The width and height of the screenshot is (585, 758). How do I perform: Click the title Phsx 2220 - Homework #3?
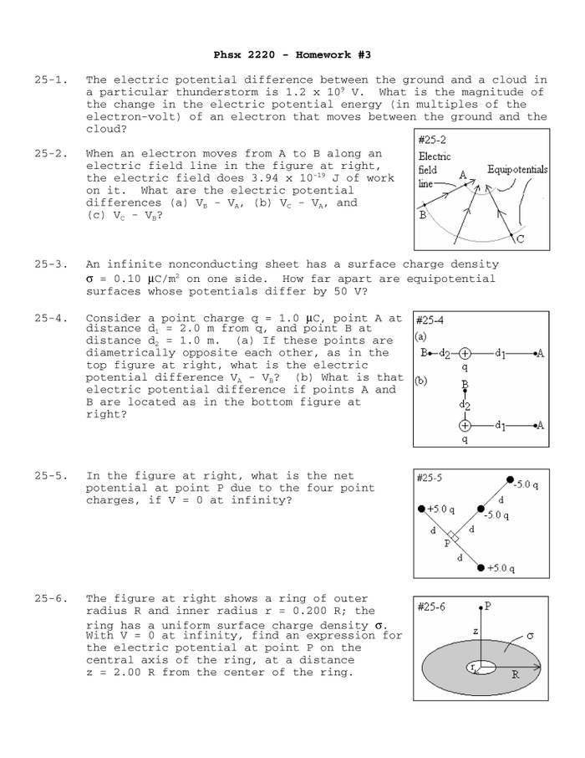pos(292,54)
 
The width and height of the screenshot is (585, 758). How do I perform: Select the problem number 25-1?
pos(50,80)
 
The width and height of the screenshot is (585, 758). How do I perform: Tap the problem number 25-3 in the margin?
pos(50,264)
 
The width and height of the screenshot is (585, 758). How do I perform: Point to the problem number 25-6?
pos(50,599)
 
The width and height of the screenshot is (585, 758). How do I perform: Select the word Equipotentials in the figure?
pos(517,170)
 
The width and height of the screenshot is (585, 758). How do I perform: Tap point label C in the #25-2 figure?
pos(520,238)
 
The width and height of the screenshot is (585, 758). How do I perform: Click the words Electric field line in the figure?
pos(434,170)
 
